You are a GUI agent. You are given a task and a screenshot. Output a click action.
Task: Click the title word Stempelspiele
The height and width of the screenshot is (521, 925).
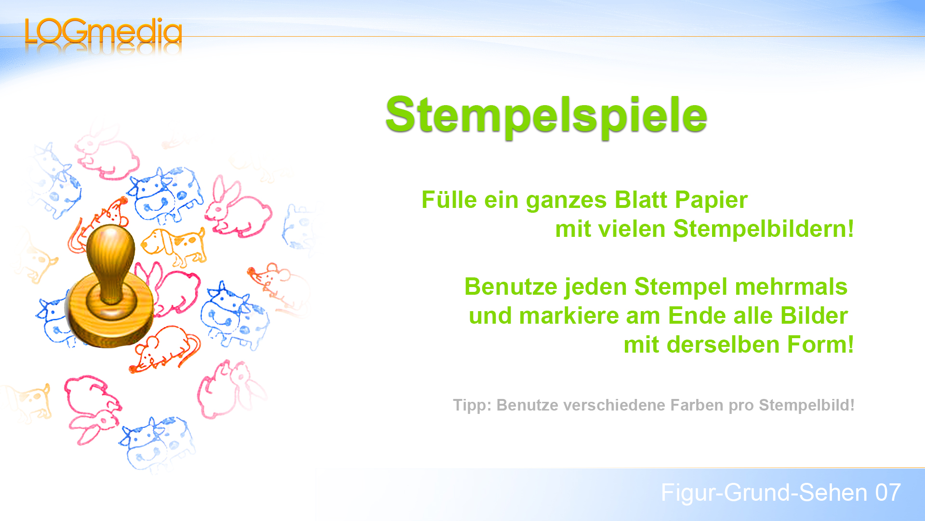[x=546, y=115]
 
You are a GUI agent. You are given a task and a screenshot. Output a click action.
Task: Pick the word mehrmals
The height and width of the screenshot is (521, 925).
[x=791, y=287]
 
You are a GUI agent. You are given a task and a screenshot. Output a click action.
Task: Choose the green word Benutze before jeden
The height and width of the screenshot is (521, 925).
[x=511, y=287]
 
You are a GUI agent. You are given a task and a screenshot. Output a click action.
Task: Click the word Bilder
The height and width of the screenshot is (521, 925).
[x=814, y=316]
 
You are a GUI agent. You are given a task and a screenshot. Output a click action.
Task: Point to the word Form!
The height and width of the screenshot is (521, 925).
[x=820, y=345]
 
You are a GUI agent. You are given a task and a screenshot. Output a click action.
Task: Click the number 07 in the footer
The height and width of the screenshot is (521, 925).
[x=888, y=493]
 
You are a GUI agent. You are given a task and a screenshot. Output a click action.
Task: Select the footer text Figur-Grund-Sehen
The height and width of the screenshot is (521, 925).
[x=764, y=493]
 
